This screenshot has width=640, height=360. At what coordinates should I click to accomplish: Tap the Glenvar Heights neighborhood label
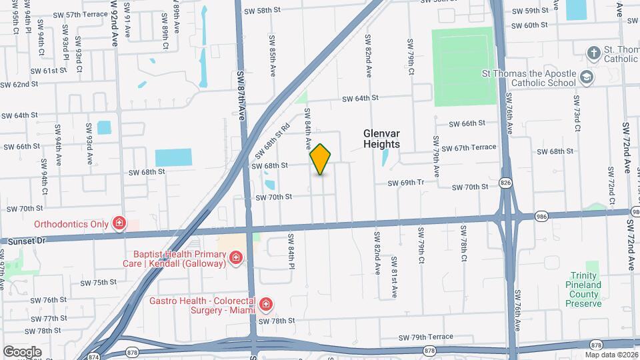pyautogui.click(x=381, y=139)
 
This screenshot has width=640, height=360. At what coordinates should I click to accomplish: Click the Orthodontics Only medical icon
pyautogui.click(x=119, y=223)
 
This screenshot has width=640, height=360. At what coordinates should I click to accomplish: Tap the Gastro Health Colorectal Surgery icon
pyautogui.click(x=266, y=305)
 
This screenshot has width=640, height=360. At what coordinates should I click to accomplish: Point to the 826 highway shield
pyautogui.click(x=505, y=183)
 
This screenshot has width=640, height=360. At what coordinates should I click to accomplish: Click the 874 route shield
pyautogui.click(x=93, y=355)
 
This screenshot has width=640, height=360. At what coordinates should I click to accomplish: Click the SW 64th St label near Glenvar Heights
pyautogui.click(x=360, y=98)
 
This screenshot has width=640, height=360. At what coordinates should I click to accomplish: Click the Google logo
pyautogui.click(x=22, y=351)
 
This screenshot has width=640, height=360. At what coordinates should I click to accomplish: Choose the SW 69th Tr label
pyautogui.click(x=407, y=182)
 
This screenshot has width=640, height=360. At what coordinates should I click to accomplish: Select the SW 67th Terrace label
pyautogui.click(x=469, y=147)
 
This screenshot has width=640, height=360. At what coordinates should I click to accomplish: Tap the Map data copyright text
pyautogui.click(x=611, y=355)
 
